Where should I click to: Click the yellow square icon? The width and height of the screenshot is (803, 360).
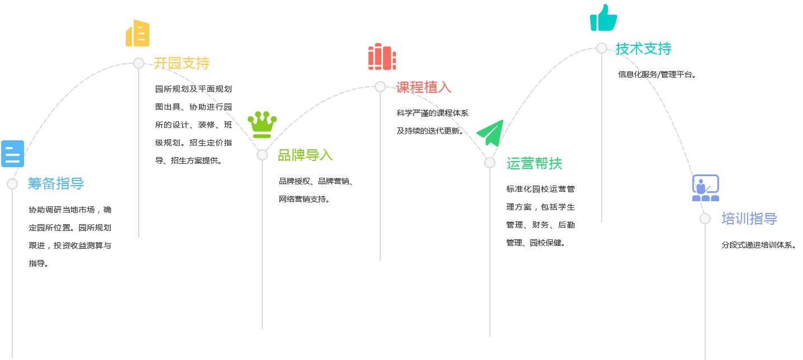tap(137, 32)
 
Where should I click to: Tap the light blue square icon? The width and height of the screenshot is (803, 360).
tap(13, 153)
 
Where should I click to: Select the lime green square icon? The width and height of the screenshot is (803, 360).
tap(262, 124)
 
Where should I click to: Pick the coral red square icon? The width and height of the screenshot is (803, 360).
tap(382, 56)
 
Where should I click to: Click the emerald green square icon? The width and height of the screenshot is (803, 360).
tap(489, 132)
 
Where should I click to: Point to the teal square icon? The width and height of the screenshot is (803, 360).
tap(603, 17)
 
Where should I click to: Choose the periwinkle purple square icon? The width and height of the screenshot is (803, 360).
tap(705, 187)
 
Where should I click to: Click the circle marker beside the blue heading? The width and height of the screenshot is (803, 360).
tap(12, 184)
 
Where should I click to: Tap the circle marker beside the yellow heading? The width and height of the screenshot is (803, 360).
tap(139, 63)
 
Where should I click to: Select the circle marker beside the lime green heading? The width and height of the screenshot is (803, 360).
tap(262, 155)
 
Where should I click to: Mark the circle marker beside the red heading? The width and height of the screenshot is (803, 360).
tap(380, 87)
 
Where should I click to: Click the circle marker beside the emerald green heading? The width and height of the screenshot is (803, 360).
tap(490, 163)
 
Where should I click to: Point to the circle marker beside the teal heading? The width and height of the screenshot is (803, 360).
tap(602, 48)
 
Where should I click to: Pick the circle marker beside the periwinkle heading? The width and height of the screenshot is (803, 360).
tap(705, 219)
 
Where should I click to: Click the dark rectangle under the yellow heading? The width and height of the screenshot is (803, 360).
tap(196, 125)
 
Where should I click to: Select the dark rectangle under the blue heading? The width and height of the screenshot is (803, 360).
tap(71, 236)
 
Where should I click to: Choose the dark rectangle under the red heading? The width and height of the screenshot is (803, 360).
tap(433, 122)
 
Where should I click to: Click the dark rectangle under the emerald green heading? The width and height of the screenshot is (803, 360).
tap(541, 216)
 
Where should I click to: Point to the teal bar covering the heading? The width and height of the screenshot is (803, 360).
tap(644, 48)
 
